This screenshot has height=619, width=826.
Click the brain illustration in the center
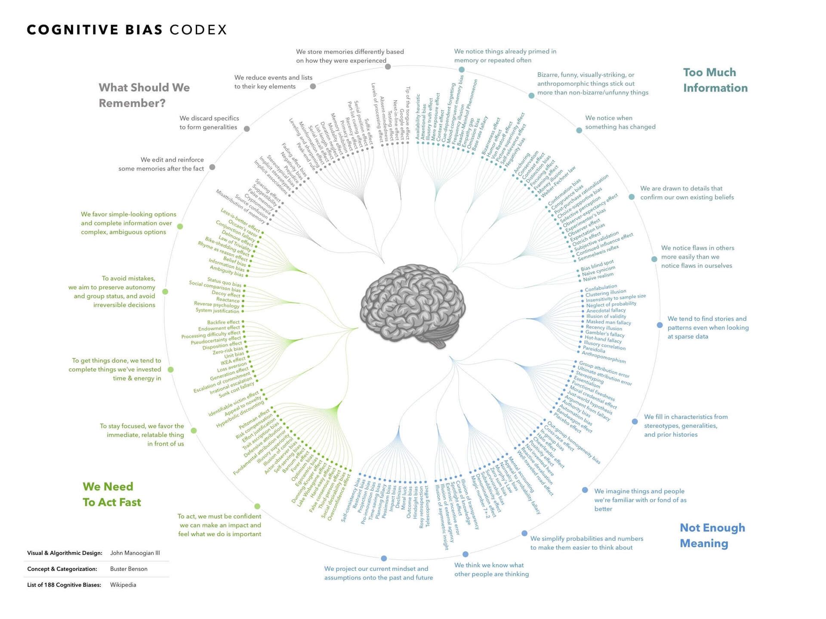coord(413,305)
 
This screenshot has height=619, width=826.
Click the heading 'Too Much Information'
coord(715,80)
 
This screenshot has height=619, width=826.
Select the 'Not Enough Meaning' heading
coord(712,535)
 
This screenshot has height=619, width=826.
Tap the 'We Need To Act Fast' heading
coord(112,494)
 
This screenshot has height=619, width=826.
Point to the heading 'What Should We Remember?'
coord(144,95)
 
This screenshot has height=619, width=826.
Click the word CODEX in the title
coord(198,30)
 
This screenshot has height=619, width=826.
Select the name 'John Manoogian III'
coord(135,553)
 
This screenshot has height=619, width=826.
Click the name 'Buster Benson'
coord(129,569)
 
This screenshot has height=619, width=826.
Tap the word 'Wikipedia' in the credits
coord(123,585)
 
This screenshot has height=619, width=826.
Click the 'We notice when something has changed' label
coord(620,123)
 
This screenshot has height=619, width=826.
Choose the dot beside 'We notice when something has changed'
coord(579,130)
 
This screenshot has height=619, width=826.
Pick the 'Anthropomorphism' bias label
coord(604,357)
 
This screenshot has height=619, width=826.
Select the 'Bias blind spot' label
coord(597,265)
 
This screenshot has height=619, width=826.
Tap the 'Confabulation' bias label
coord(601,288)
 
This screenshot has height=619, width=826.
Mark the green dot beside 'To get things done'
coord(171,370)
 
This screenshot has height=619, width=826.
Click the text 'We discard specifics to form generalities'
coord(209,123)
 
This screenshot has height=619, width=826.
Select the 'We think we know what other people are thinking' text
coord(491,570)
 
